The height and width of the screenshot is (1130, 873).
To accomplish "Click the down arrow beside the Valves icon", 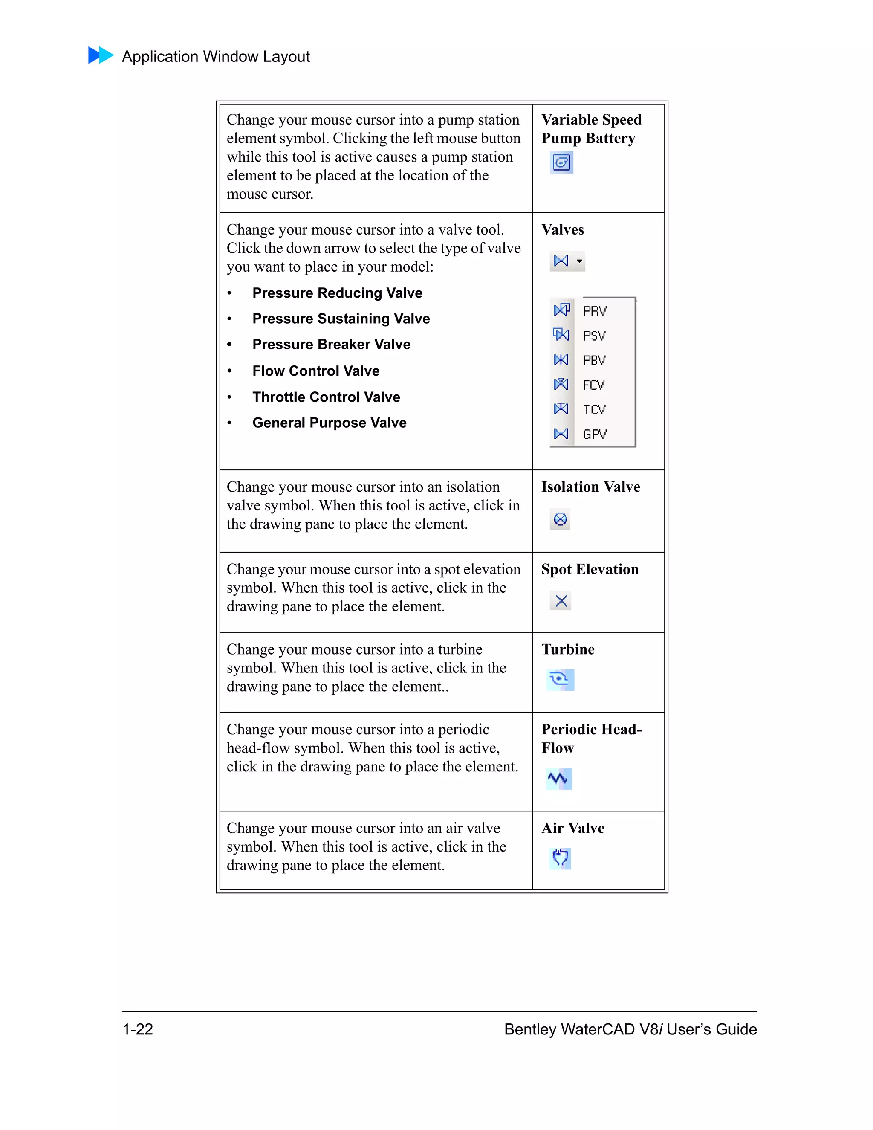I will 579,261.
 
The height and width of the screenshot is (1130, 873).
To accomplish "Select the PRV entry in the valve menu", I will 594,311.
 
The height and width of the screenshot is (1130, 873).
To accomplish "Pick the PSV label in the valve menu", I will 594,336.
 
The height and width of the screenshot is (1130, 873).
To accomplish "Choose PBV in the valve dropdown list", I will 594,360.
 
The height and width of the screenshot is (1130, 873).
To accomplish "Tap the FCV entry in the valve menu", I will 594,385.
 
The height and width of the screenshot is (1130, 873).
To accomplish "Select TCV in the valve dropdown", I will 594,410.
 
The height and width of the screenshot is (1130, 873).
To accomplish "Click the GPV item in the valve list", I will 594,434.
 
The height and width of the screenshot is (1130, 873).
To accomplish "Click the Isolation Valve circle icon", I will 560,519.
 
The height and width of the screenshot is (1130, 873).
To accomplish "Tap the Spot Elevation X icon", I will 561,601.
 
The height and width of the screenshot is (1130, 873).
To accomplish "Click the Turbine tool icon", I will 560,679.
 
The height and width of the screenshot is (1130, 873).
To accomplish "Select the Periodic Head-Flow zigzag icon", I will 558,779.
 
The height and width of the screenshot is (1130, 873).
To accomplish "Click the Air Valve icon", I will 560,858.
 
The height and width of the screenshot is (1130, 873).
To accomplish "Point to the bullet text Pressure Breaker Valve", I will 331,345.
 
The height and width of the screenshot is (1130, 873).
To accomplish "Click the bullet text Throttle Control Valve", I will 326,397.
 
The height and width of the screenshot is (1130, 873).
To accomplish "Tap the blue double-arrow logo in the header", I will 101,55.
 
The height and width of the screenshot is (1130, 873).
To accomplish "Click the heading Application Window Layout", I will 216,56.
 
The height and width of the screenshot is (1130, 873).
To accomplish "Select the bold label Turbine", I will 567,649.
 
